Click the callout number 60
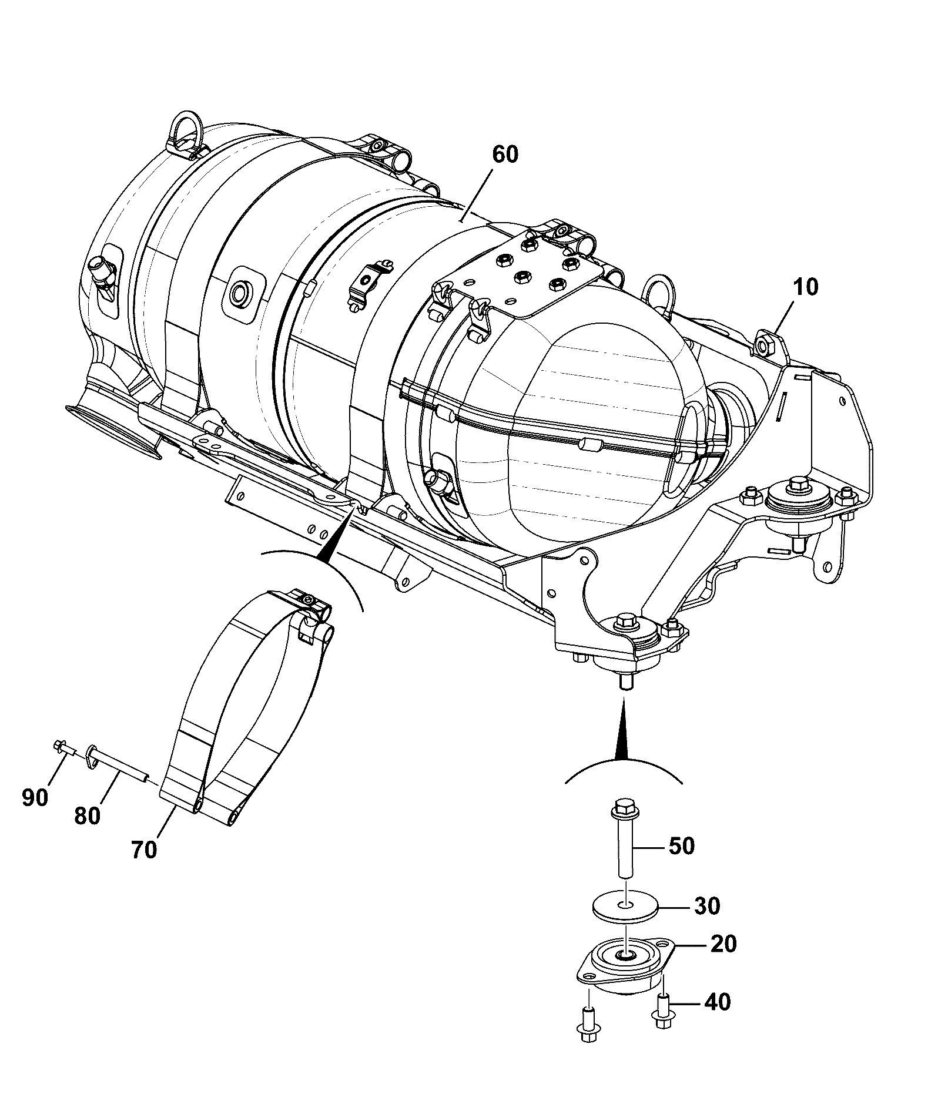pos(505,155)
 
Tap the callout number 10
pos(806,288)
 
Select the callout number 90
pos(35,798)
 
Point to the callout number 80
pos(88,816)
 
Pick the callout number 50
pos(681,846)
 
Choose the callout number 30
pos(707,906)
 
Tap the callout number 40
pos(716,1002)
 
